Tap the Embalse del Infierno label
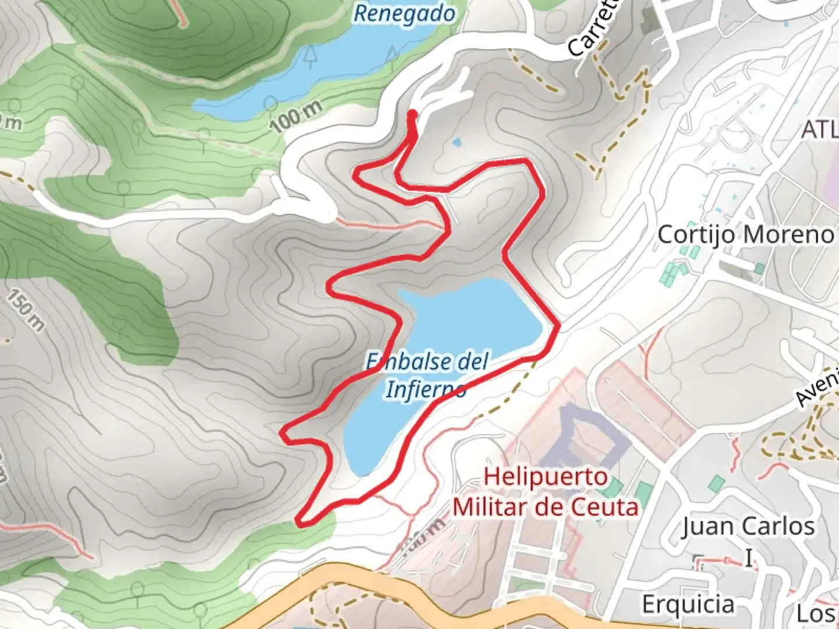[426, 374]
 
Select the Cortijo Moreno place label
[746, 235]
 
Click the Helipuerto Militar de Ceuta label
[546, 492]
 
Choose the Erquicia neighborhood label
[688, 605]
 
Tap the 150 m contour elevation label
[26, 310]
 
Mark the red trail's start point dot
[413, 114]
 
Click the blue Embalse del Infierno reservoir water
[472, 320]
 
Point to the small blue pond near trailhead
[456, 142]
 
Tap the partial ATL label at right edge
[819, 129]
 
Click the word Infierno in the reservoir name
[425, 389]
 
